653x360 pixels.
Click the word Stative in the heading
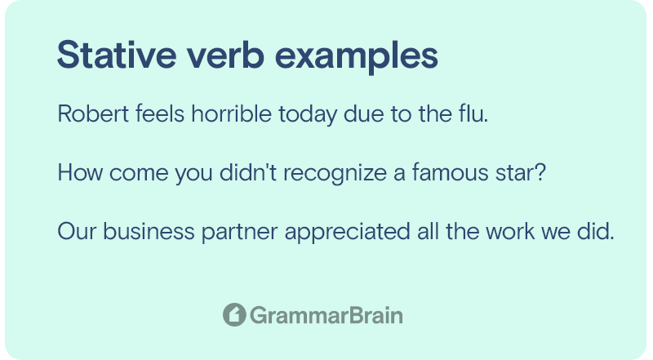(117, 55)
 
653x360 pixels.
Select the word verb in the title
(225, 55)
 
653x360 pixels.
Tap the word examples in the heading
(357, 57)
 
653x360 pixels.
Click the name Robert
(93, 113)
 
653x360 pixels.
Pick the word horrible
(232, 113)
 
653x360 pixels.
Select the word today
(308, 114)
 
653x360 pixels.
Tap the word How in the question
(80, 172)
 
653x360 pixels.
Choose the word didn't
(248, 172)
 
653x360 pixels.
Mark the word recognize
(335, 174)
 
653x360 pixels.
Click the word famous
(451, 172)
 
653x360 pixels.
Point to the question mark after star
(540, 172)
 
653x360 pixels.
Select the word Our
(77, 231)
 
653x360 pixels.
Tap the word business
(149, 231)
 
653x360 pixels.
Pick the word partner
(239, 233)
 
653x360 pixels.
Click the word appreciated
(348, 233)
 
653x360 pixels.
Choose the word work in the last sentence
(510, 231)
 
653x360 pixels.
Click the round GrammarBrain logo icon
(234, 314)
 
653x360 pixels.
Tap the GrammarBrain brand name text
(326, 315)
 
